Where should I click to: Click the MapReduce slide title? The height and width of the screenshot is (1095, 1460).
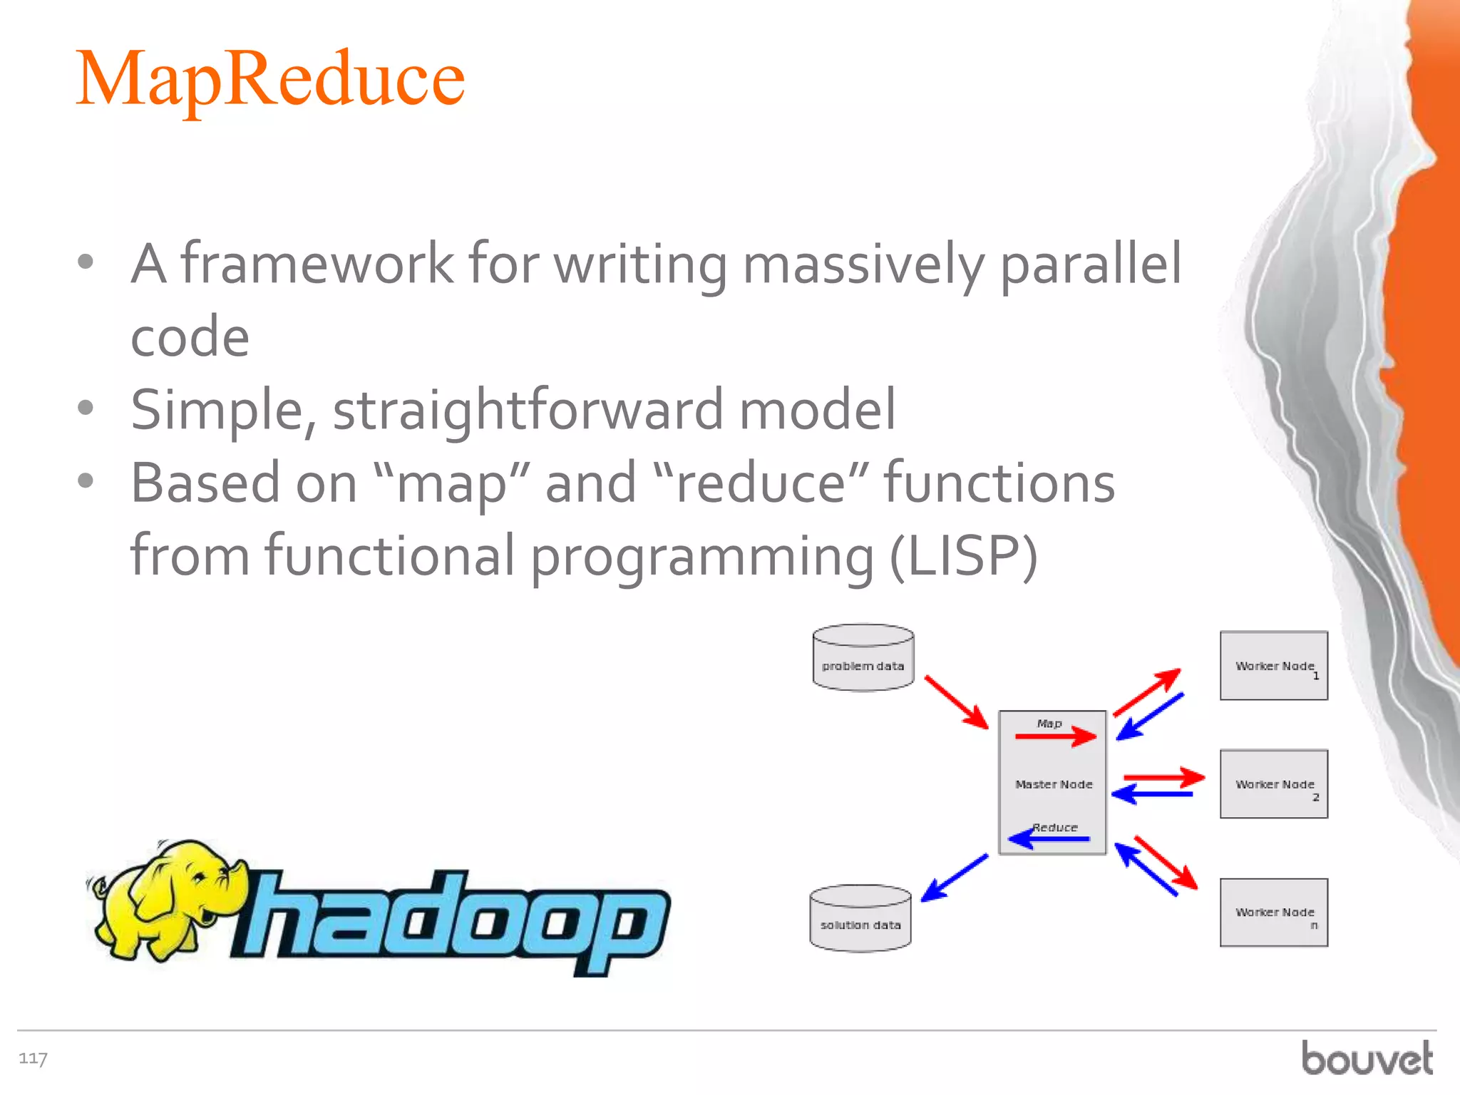pos(270,79)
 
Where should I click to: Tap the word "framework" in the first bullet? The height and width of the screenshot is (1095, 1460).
pos(317,264)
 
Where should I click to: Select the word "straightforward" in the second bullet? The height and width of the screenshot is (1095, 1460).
pos(528,410)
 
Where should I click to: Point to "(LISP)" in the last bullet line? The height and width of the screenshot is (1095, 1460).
pos(963,556)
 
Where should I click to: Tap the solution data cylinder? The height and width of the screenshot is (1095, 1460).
pos(860,918)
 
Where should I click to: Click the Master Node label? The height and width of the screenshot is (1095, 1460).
pos(1054,784)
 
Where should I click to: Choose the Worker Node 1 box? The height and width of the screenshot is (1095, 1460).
pos(1273,666)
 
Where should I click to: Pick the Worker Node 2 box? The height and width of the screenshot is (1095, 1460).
pos(1273,784)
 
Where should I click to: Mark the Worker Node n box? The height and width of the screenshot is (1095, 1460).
pos(1273,912)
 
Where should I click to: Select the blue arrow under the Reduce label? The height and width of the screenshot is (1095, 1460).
pos(1049,839)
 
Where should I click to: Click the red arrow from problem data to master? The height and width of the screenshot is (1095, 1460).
pos(955,702)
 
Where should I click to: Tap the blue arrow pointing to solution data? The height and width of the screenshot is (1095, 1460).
pos(954,878)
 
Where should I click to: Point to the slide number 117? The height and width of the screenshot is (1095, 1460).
pos(33,1059)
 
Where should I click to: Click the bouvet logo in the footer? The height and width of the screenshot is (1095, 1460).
pos(1367,1058)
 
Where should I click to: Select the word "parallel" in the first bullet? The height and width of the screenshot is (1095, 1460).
pos(1091,264)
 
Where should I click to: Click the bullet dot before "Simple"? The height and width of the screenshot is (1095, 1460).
pos(86,408)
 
